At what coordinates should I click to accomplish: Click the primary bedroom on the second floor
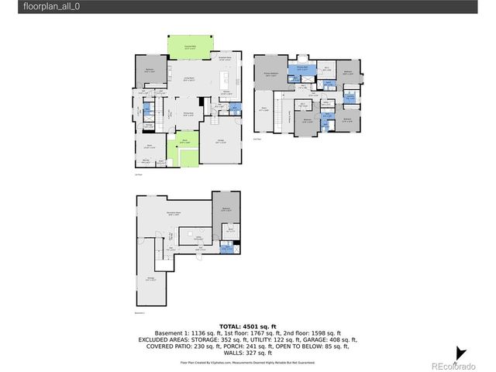(x=271, y=76)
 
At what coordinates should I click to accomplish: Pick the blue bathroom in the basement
(x=226, y=248)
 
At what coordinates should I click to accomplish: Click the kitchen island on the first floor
(x=226, y=78)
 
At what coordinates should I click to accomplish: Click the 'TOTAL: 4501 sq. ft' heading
(x=247, y=326)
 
